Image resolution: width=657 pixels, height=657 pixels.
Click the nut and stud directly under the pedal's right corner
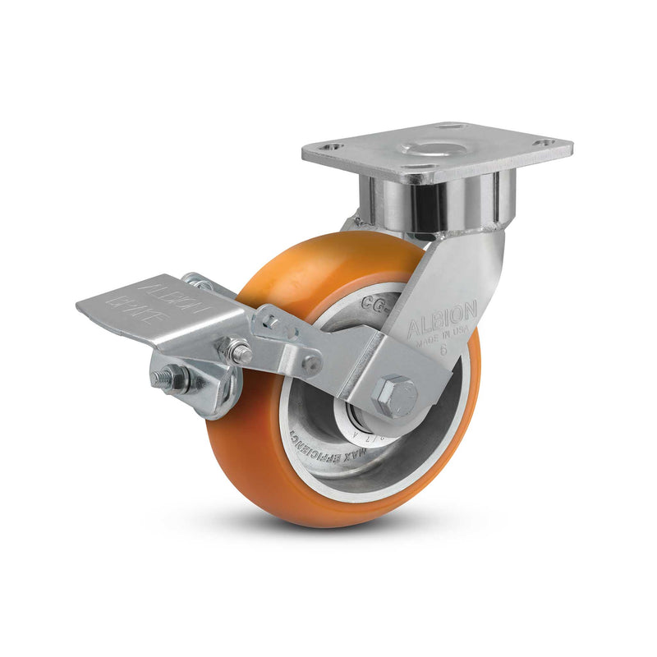tap(239, 354)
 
